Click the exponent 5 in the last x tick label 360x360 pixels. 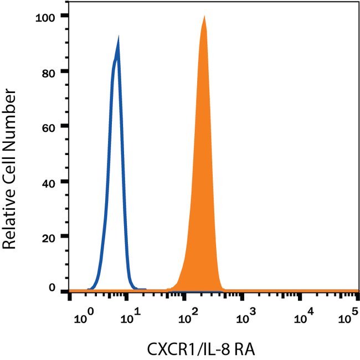point(352,316)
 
